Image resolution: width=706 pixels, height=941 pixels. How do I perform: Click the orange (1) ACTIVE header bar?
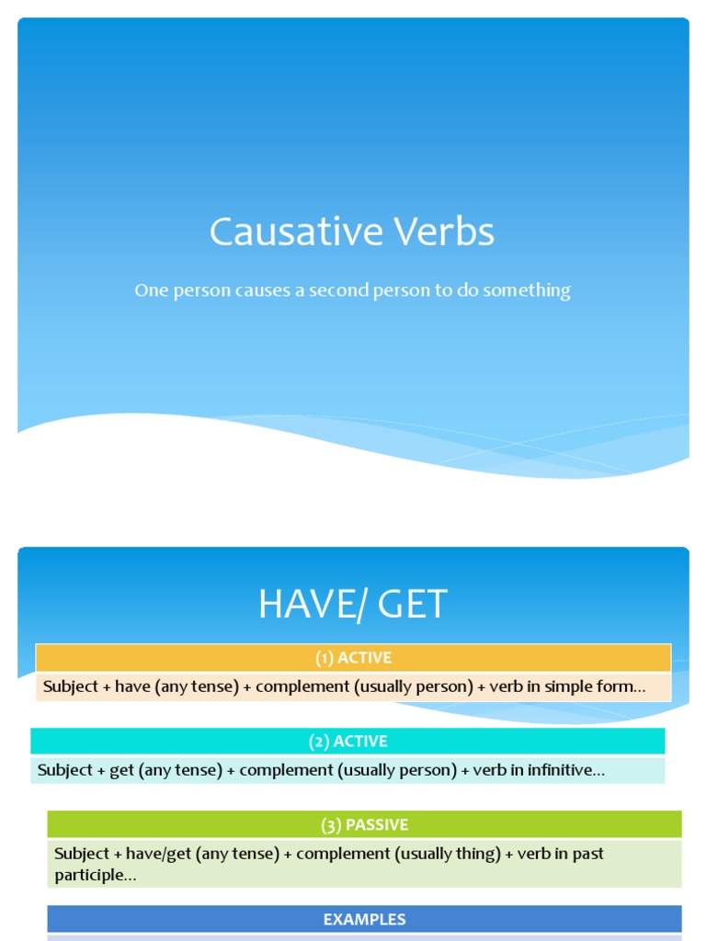click(x=353, y=658)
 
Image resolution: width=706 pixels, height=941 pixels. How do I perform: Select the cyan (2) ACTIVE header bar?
click(x=347, y=742)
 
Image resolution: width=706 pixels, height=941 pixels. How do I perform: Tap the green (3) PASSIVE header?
click(x=364, y=824)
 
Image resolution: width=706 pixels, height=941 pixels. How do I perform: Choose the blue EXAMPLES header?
click(x=364, y=919)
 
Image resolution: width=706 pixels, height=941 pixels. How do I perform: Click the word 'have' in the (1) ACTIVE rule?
click(x=132, y=686)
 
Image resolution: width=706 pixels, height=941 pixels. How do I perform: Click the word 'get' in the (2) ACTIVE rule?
click(x=121, y=770)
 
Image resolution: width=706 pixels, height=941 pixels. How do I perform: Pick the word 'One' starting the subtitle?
click(x=150, y=290)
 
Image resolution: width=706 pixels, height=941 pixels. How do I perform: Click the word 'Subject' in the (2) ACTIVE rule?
click(x=65, y=770)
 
